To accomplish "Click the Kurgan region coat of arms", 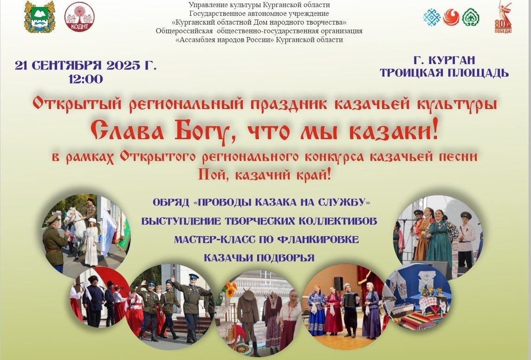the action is (x=40, y=17).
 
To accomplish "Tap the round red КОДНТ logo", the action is (x=79, y=17).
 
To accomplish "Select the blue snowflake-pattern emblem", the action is (x=432, y=17).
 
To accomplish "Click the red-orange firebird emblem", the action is (x=451, y=17).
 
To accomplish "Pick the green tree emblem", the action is (x=470, y=17).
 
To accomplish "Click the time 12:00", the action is (x=86, y=79).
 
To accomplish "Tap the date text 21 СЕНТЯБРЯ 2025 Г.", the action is (x=86, y=65).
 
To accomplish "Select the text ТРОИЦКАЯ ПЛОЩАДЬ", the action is (x=444, y=72).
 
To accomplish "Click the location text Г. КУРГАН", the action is (x=444, y=60).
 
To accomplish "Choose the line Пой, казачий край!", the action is (x=264, y=174).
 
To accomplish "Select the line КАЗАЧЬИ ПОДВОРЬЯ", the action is (x=259, y=258).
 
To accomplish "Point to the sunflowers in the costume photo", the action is (x=231, y=289).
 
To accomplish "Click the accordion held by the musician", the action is (x=350, y=300).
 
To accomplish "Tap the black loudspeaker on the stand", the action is (x=338, y=283).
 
